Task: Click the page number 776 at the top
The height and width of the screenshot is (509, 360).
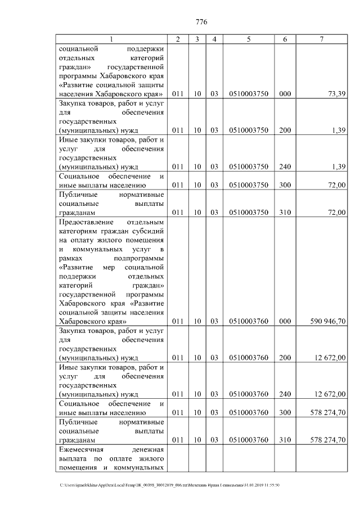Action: coord(201,22)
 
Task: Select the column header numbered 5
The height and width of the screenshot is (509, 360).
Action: coord(248,39)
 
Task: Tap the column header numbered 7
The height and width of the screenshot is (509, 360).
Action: coord(321,39)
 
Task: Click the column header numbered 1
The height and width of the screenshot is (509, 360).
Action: coord(111,39)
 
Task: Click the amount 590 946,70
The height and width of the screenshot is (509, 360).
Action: coord(328,321)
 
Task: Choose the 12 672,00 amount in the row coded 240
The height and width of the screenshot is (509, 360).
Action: coord(328,394)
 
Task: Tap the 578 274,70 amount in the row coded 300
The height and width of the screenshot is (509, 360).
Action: coord(328,412)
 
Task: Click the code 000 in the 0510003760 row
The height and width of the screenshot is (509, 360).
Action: coord(285,321)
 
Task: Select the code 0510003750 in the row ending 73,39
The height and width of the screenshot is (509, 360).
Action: coord(248,94)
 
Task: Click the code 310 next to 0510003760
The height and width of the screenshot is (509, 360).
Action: coord(285,439)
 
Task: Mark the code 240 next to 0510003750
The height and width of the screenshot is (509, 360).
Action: coord(285,167)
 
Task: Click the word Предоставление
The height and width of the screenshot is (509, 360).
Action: coord(84,222)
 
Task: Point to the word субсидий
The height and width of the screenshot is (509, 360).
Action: coord(148,231)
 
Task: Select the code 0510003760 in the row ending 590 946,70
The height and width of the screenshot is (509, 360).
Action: coord(248,321)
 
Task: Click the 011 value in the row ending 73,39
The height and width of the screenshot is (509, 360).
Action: coord(178,94)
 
